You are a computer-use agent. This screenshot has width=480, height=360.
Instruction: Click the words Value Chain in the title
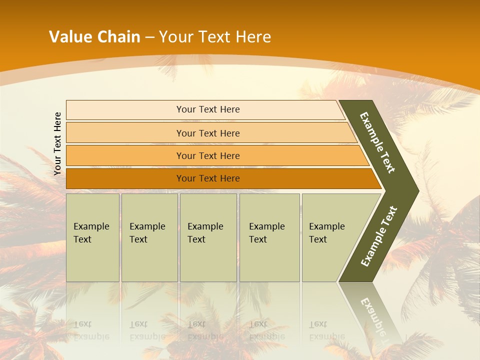(x=94, y=37)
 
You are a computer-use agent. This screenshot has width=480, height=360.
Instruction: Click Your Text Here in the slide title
(x=215, y=37)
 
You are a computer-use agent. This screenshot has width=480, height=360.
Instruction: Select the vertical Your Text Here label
(x=57, y=143)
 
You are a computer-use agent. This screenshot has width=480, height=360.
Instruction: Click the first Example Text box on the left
(x=92, y=237)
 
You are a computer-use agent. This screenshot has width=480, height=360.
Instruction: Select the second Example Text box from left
(x=149, y=237)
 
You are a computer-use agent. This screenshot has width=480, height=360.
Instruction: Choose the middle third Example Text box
(x=207, y=237)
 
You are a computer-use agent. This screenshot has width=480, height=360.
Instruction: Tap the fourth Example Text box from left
(x=269, y=237)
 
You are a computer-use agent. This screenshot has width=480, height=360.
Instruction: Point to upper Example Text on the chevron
(x=378, y=142)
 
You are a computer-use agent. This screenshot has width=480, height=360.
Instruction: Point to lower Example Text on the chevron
(x=379, y=236)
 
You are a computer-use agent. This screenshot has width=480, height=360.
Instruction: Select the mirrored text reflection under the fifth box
(x=326, y=330)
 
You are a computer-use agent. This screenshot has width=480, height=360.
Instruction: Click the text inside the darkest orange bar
(x=208, y=178)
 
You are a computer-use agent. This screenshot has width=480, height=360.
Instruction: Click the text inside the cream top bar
(x=208, y=109)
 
